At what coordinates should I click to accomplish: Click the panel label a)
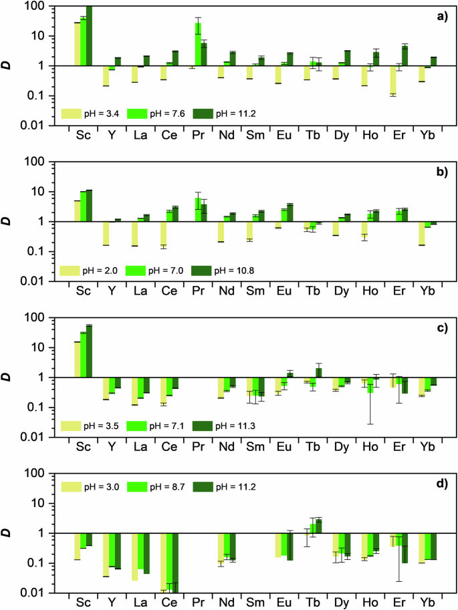pos(441,16)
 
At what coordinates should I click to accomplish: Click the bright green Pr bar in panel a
pos(199,45)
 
